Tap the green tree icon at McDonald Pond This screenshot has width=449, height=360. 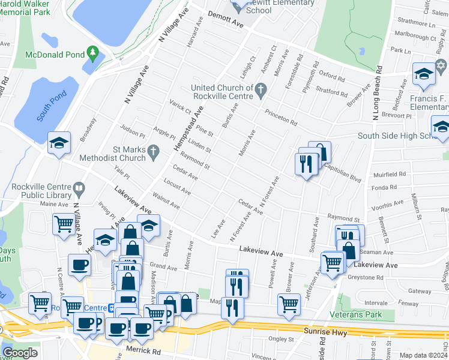[x=92, y=54]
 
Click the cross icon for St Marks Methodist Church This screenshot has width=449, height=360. [x=154, y=154]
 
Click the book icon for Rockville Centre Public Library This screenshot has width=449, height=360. [x=78, y=191]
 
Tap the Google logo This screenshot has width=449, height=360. [x=20, y=353]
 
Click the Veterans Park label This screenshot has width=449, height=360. [x=356, y=314]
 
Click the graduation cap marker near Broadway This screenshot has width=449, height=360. [x=59, y=143]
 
